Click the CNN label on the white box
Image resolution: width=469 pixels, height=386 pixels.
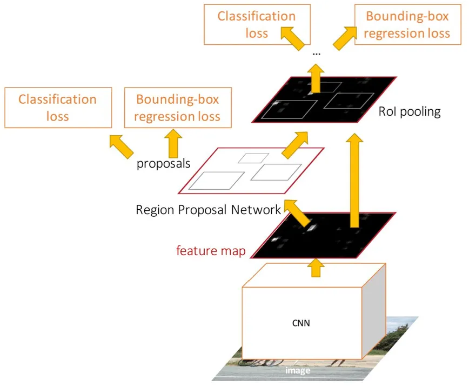click(302, 324)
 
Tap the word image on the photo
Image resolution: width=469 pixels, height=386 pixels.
click(298, 370)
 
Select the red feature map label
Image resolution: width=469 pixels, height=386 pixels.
click(211, 251)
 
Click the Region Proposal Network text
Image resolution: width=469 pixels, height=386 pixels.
click(209, 209)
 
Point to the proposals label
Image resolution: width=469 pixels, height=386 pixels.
click(163, 163)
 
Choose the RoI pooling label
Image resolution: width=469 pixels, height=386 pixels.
click(410, 112)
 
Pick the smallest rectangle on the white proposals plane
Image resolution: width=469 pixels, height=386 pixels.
click(253, 158)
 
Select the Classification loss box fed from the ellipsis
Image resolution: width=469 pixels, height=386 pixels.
click(257, 25)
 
